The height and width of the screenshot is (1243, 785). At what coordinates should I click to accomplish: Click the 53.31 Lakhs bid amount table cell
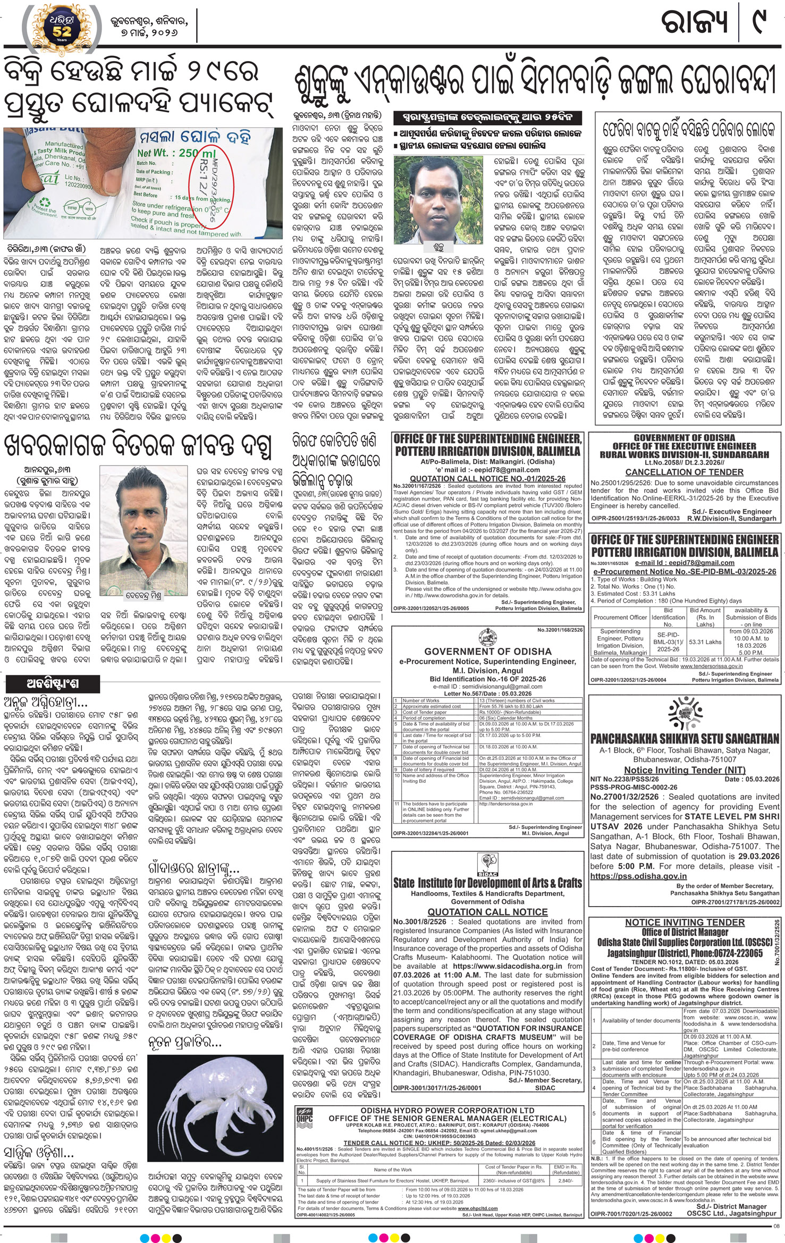point(705,642)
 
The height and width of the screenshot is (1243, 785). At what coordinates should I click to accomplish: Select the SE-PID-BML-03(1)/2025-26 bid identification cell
point(668,642)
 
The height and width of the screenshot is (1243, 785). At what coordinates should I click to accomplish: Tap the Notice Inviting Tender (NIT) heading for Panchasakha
point(684,770)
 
